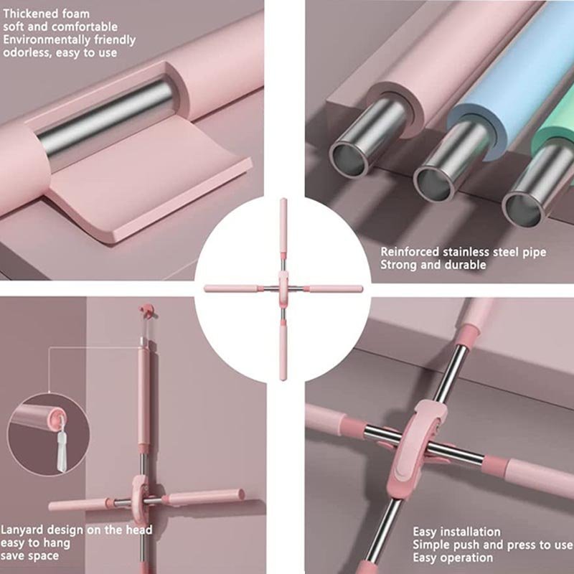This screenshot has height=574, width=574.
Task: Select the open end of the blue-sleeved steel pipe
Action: pos(434,183)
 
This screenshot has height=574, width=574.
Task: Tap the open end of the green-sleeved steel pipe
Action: pos(522,210)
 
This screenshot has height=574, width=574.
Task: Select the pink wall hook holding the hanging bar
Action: pos(147,310)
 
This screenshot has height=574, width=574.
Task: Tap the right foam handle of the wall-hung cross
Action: pos(205,497)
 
